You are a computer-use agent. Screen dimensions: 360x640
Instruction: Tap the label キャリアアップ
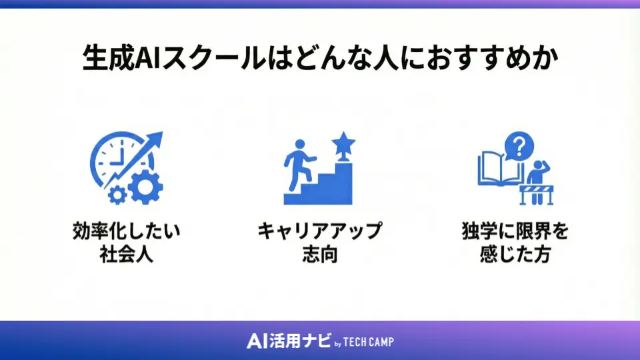[x=320, y=232]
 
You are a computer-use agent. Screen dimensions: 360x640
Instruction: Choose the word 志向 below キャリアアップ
[x=320, y=254]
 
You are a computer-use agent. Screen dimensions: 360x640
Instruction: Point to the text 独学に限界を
[x=515, y=232]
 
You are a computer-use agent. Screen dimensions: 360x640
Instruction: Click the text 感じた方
[x=515, y=254]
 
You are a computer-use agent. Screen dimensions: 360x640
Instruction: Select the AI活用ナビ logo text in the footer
[x=287, y=341]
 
